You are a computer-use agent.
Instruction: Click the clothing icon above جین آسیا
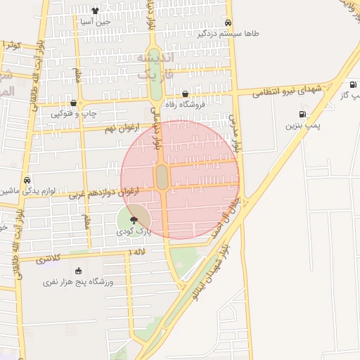pyautogui.click(x=95, y=11)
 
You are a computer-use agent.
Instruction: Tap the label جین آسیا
pyautogui.click(x=95, y=22)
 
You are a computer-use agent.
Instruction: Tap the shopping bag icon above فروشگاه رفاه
pyautogui.click(x=185, y=94)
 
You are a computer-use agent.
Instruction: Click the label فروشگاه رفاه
pyautogui.click(x=184, y=105)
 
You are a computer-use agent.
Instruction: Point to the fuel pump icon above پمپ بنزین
pyautogui.click(x=302, y=114)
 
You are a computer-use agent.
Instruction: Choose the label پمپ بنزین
pyautogui.click(x=302, y=125)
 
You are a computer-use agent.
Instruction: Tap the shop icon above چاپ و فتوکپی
pyautogui.click(x=73, y=103)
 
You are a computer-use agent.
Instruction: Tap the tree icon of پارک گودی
pyautogui.click(x=134, y=219)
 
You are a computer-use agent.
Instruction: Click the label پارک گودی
pyautogui.click(x=134, y=231)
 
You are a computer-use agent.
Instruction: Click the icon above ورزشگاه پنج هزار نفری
pyautogui.click(x=78, y=271)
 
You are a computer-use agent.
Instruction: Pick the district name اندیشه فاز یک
pyautogui.click(x=153, y=65)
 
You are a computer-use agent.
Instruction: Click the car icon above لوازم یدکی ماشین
pyautogui.click(x=27, y=179)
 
